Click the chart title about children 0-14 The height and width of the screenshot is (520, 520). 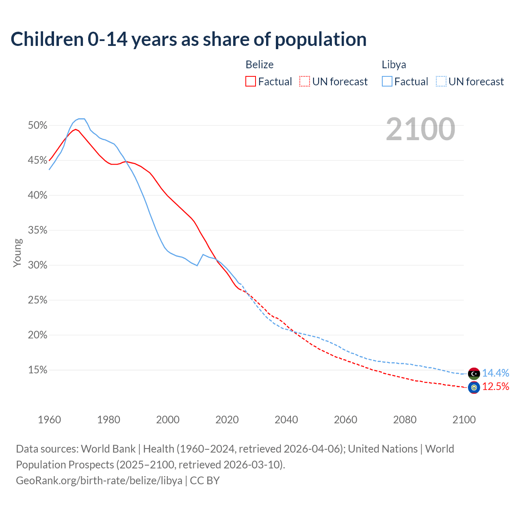188,39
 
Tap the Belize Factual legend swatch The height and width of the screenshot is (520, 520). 251,82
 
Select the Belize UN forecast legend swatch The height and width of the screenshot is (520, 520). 305,82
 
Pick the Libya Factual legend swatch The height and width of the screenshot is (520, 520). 387,82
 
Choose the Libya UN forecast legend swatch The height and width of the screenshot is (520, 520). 441,82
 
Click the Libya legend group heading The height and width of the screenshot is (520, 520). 394,65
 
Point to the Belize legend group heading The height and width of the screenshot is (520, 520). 260,65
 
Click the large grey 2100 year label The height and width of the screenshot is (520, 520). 420,129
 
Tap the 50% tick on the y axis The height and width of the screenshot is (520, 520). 38,126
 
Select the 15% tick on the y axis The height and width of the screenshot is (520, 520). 38,370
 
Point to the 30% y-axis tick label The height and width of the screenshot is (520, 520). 38,265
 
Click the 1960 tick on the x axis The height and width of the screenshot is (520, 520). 49,420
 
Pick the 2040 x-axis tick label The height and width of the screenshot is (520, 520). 286,420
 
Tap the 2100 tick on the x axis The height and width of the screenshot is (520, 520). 464,420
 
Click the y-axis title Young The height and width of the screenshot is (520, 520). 17,253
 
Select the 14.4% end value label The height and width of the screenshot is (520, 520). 496,373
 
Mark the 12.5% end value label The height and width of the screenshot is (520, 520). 496,387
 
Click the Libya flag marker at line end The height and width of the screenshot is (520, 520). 474,373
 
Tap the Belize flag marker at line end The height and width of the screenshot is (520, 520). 474,388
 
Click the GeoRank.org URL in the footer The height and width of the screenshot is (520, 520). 99,481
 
